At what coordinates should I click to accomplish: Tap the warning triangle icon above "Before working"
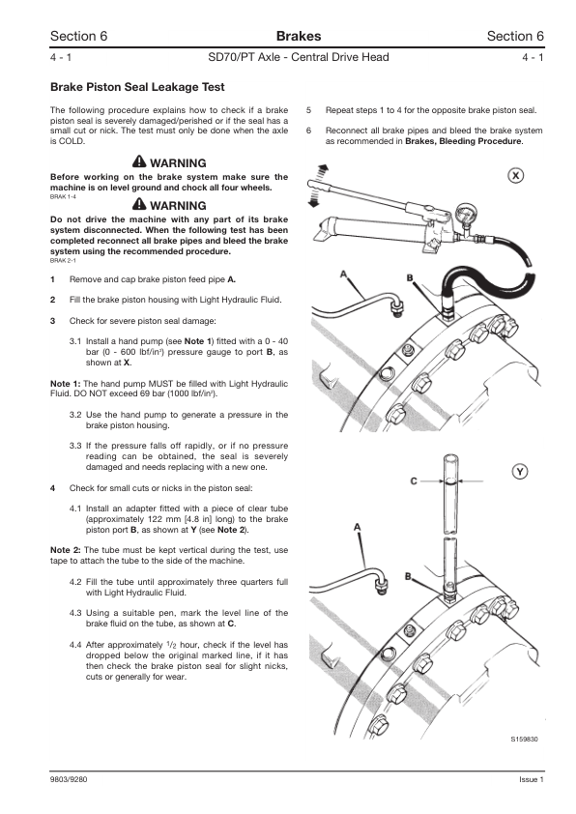(140, 163)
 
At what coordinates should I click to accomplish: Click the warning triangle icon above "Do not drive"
(140, 206)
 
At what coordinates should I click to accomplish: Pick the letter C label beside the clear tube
(414, 480)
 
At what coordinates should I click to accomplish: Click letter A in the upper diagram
(345, 275)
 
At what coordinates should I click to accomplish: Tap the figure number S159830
(527, 740)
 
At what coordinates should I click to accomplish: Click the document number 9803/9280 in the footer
(70, 780)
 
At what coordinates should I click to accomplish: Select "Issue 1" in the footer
(531, 780)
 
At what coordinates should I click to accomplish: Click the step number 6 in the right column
(309, 130)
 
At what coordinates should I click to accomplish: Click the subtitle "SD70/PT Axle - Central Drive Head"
(298, 58)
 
